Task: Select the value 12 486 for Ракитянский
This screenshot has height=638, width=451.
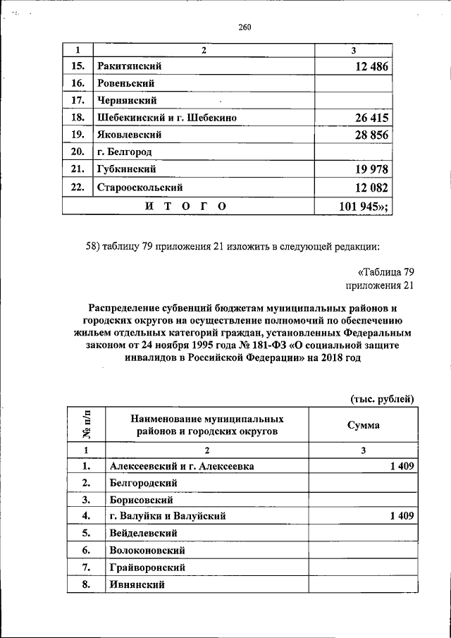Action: tap(366, 66)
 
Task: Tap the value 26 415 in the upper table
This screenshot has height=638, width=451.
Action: tap(366, 118)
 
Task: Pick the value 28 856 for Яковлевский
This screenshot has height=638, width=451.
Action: tap(366, 135)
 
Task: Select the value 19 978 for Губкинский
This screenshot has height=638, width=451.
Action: tap(366, 169)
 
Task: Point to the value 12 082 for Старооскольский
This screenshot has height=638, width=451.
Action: tap(366, 188)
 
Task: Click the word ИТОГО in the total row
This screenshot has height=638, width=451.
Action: tap(185, 206)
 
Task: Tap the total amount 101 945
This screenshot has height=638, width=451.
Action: tap(362, 206)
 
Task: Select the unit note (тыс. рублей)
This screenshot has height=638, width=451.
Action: tap(382, 399)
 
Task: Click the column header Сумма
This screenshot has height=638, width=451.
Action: tap(363, 425)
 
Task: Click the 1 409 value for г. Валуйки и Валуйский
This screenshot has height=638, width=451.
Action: tap(401, 517)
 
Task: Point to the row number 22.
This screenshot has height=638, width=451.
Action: tap(78, 188)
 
